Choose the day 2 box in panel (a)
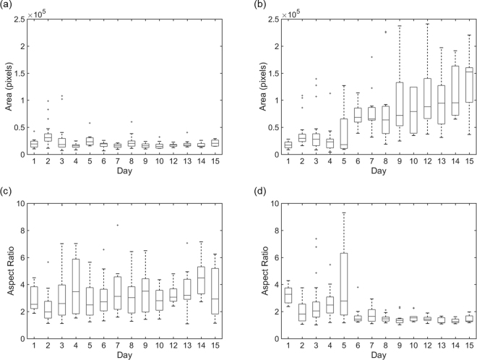point(48,137)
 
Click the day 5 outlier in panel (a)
point(90,123)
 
